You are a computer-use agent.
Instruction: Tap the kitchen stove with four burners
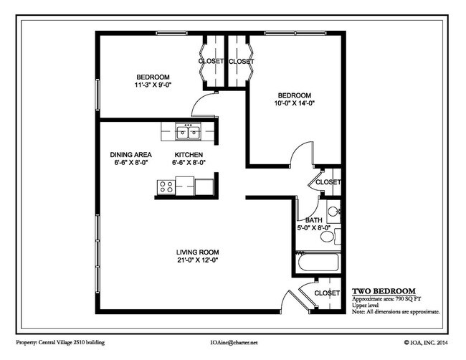(166, 187)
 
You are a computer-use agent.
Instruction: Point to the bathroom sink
(333, 212)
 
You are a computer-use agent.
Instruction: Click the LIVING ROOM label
(198, 252)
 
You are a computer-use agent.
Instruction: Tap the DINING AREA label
(130, 154)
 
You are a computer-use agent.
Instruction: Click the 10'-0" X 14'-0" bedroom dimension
(295, 103)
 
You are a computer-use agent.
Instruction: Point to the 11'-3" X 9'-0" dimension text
(153, 85)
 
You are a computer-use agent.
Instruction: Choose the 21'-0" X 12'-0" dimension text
(198, 260)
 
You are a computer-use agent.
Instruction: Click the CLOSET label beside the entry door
(327, 293)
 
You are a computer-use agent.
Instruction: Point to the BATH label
(314, 220)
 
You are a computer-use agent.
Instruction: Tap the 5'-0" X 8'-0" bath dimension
(314, 228)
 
